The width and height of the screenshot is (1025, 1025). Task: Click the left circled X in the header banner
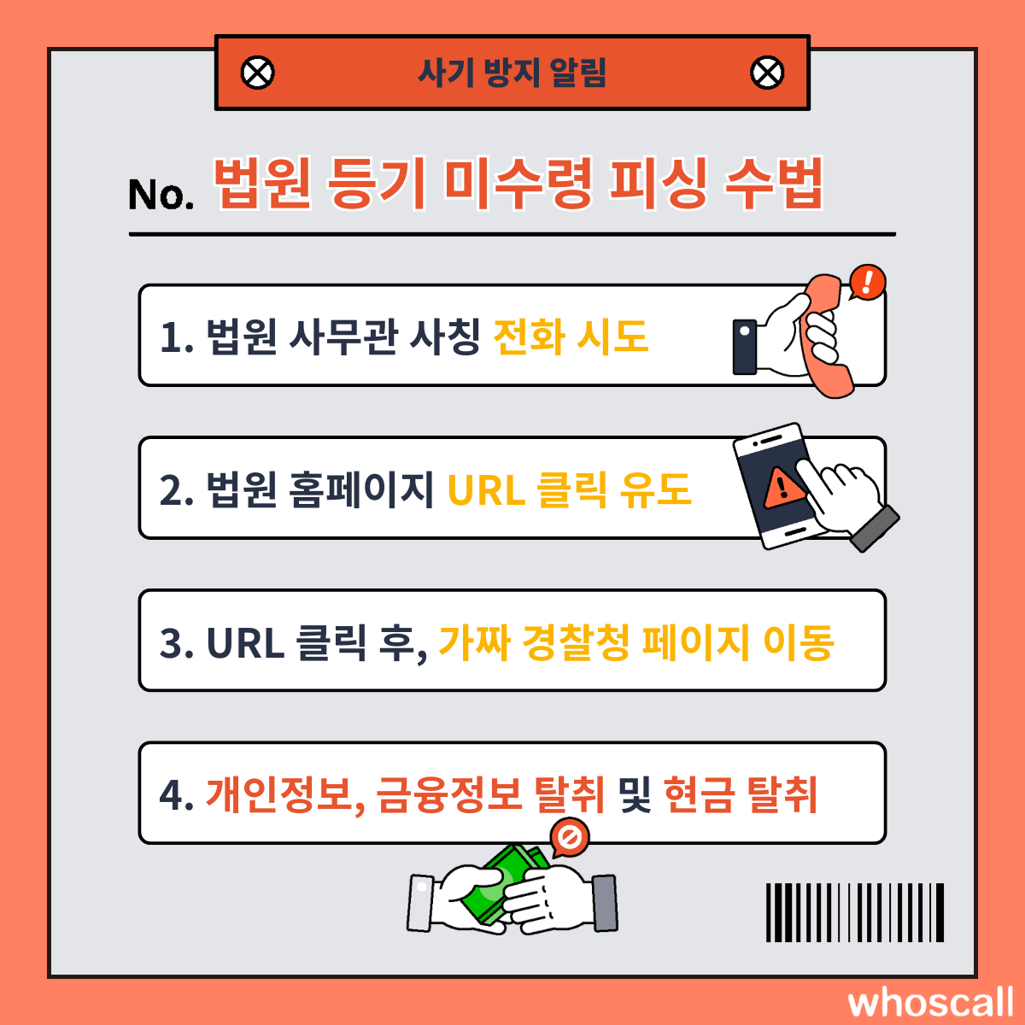click(257, 73)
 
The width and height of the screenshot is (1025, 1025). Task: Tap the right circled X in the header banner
click(767, 73)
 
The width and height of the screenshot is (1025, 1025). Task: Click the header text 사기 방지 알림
click(512, 73)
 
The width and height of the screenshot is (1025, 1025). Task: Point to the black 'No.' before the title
click(161, 195)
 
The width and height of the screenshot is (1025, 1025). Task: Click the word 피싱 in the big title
click(659, 184)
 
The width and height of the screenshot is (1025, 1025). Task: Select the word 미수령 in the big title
click(518, 184)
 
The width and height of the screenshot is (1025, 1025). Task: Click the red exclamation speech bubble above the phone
click(867, 281)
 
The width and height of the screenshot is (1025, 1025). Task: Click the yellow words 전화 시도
click(571, 337)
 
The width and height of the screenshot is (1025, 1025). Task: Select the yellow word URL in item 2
click(486, 490)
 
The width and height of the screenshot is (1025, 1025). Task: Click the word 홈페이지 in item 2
click(360, 490)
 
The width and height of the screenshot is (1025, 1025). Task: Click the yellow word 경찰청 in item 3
click(576, 642)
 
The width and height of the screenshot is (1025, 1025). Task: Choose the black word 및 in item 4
click(635, 795)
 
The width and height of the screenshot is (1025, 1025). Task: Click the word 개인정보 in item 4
click(278, 795)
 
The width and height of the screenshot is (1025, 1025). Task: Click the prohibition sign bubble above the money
click(570, 839)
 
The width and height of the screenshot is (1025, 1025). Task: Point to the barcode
click(855, 912)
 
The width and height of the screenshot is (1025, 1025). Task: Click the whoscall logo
click(930, 1003)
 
